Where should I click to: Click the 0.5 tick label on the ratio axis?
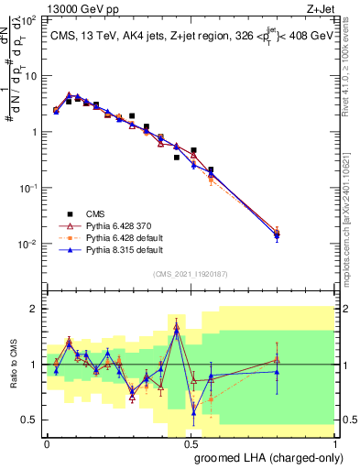(30, 420)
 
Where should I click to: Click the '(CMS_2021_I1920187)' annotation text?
(191, 273)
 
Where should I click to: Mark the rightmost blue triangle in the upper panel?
(303, 235)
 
